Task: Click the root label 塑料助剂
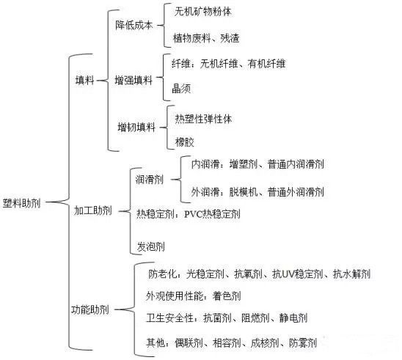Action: [x=21, y=203]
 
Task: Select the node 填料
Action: [x=84, y=80]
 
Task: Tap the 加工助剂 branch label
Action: [x=93, y=210]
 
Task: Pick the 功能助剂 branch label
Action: [x=90, y=309]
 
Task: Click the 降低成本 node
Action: [x=134, y=25]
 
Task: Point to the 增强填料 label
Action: [x=134, y=80]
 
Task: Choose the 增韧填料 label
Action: [x=136, y=127]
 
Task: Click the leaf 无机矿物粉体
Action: [x=202, y=12]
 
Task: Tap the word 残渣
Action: [x=230, y=38]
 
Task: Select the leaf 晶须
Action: [x=181, y=89]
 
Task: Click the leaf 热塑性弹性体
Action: [x=203, y=120]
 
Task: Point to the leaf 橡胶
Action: [x=184, y=142]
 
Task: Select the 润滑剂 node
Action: [x=149, y=180]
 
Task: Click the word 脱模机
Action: [x=244, y=192]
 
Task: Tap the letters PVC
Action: [x=193, y=213]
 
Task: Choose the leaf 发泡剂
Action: [x=151, y=246]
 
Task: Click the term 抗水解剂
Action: [x=352, y=274]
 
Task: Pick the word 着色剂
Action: [x=227, y=296]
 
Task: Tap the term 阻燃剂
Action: [x=255, y=318]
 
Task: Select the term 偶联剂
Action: [x=189, y=342]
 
